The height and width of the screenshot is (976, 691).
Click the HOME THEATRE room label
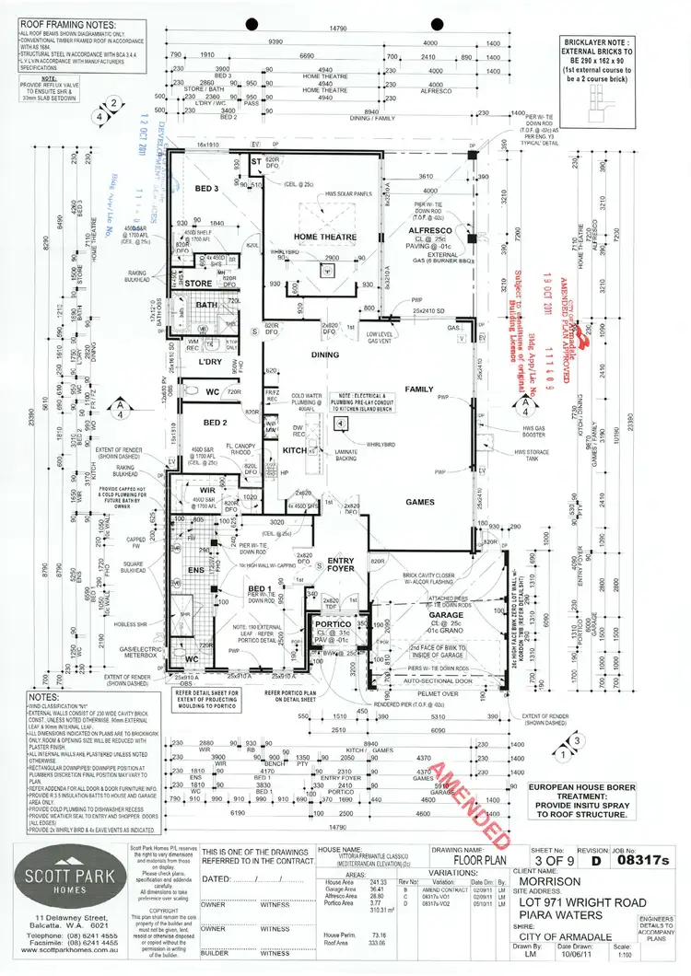319,237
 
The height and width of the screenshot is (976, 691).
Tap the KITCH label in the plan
294,449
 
